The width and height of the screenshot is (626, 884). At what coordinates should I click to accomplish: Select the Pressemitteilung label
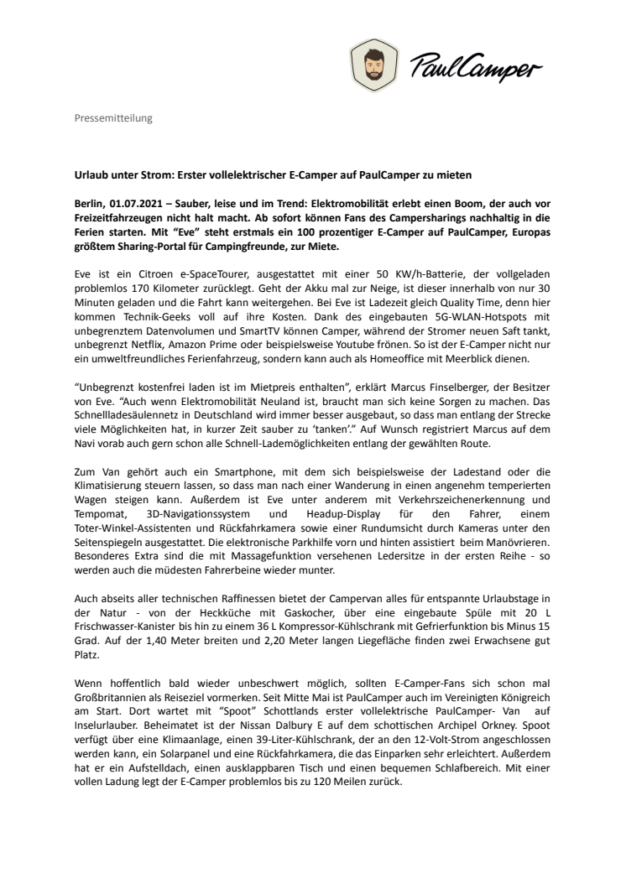[x=109, y=119]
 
